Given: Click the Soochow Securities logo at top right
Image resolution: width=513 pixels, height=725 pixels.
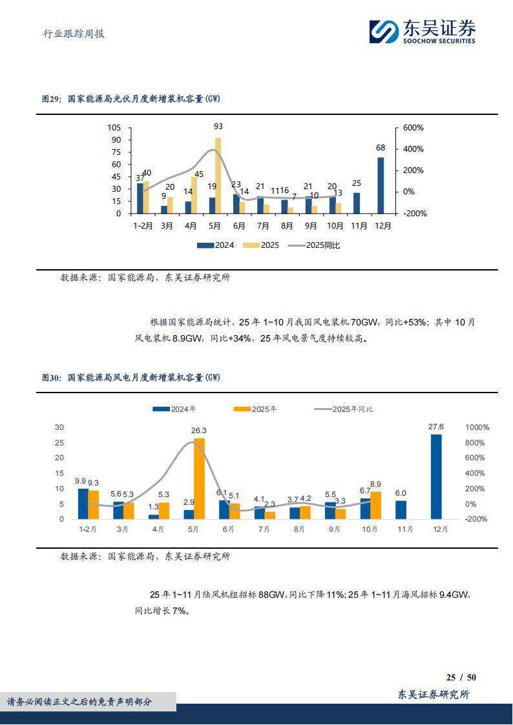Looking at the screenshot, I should pyautogui.click(x=423, y=31).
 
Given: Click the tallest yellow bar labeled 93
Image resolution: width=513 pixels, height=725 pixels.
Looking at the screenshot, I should pyautogui.click(x=218, y=175).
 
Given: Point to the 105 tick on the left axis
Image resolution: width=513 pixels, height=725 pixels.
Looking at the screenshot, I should pyautogui.click(x=114, y=128).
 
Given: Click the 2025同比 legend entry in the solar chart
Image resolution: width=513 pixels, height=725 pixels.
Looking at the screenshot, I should pyautogui.click(x=313, y=245).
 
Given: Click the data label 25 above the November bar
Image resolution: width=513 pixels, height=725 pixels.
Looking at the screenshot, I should pyautogui.click(x=356, y=183).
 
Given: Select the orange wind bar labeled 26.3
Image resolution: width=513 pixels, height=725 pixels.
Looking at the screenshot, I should pyautogui.click(x=199, y=478).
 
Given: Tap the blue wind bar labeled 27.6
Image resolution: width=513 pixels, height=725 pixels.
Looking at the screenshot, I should pyautogui.click(x=436, y=476).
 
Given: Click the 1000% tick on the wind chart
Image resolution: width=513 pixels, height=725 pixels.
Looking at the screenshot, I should pyautogui.click(x=477, y=427).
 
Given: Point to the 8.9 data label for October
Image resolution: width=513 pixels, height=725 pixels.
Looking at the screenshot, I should pyautogui.click(x=375, y=484).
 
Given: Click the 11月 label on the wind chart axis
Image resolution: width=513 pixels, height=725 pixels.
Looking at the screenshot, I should pyautogui.click(x=401, y=529).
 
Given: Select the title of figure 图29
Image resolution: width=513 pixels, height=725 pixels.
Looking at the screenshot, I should pyautogui.click(x=131, y=99).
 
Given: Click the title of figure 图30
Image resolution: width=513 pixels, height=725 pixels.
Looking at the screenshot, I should pyautogui.click(x=131, y=377).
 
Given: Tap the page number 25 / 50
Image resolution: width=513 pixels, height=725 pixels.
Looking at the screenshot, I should pyautogui.click(x=461, y=677).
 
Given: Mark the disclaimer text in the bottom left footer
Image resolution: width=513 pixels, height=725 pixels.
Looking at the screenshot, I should pyautogui.click(x=79, y=702).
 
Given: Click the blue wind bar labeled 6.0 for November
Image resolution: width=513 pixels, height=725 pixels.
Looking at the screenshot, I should pyautogui.click(x=401, y=510).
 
